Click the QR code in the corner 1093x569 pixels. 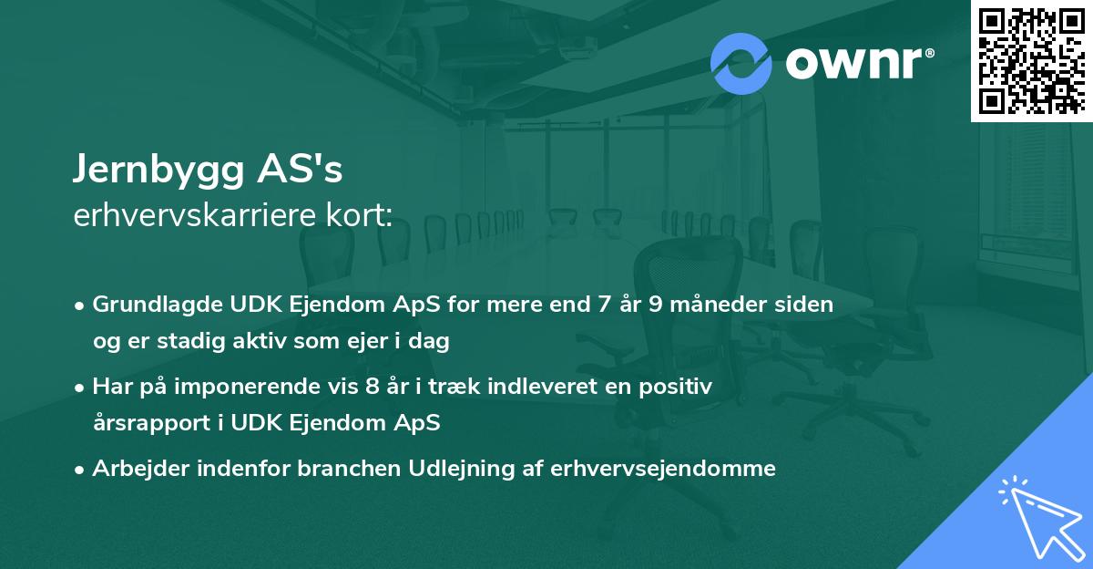1031,60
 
